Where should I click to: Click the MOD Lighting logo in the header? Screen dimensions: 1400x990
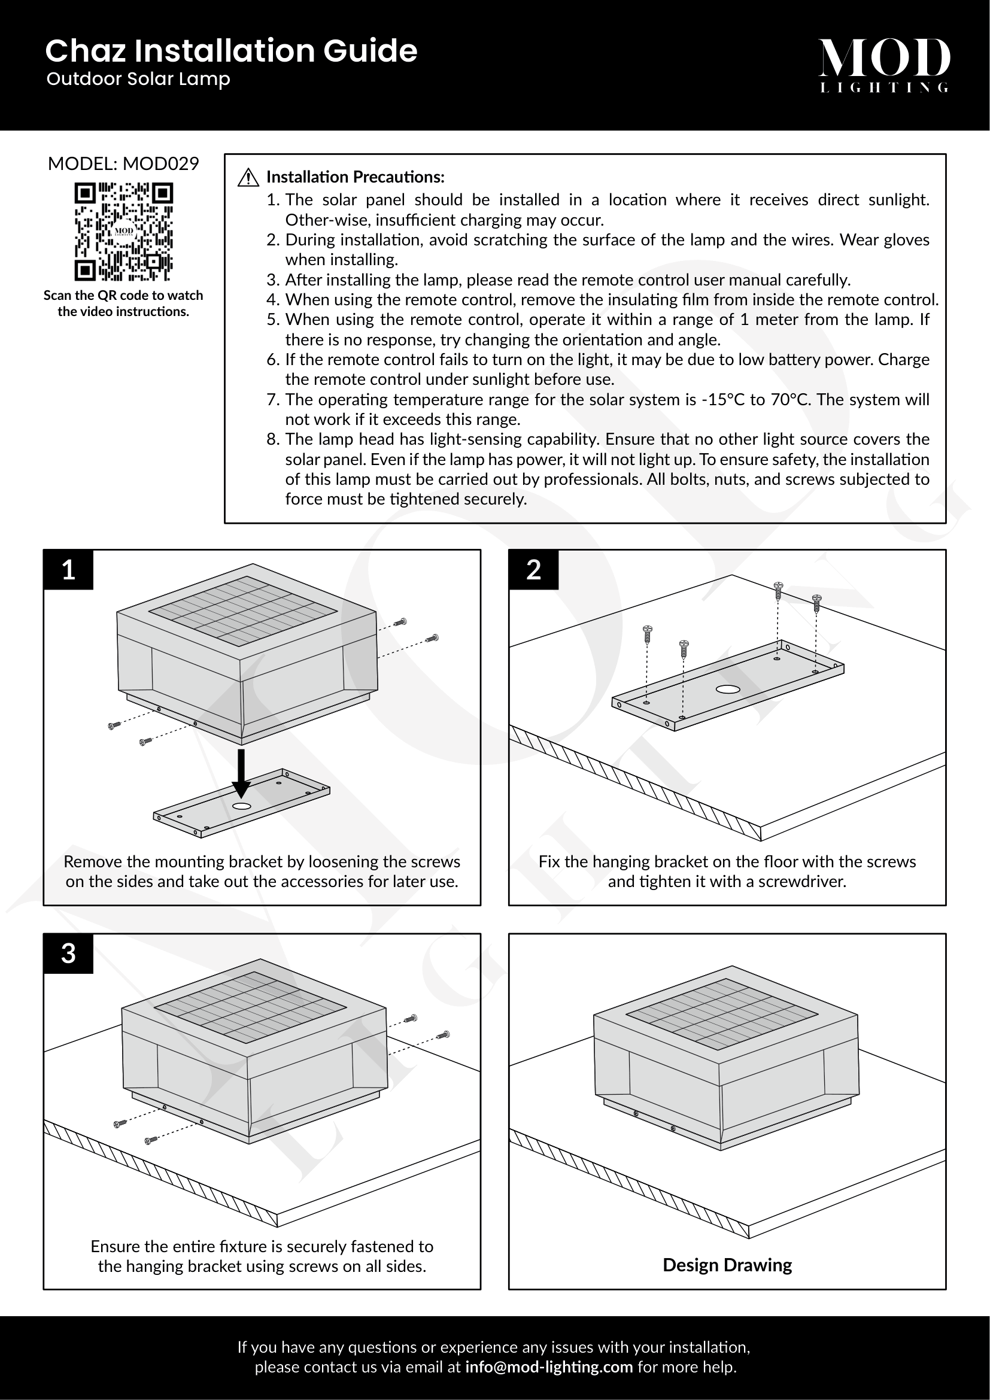click(x=883, y=65)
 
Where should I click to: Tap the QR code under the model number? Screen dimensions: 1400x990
click(x=124, y=232)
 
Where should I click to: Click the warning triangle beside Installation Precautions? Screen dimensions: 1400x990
click(x=248, y=177)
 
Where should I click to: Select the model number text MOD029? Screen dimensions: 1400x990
click(x=160, y=163)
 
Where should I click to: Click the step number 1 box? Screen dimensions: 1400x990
click(x=68, y=569)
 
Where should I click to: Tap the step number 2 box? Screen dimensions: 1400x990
click(x=533, y=569)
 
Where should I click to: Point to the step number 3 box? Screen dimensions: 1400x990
click(x=68, y=953)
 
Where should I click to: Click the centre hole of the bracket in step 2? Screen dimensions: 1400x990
click(x=728, y=690)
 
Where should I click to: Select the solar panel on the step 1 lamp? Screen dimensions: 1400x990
click(x=243, y=611)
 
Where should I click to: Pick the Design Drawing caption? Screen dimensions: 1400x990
click(x=727, y=1265)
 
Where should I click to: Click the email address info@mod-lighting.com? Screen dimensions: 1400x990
click(x=549, y=1367)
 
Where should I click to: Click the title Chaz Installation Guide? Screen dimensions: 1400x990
click(x=231, y=51)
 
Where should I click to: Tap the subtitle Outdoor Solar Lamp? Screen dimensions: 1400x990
click(x=138, y=79)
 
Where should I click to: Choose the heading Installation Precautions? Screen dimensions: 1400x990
click(x=356, y=177)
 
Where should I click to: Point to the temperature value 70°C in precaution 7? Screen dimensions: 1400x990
click(x=791, y=400)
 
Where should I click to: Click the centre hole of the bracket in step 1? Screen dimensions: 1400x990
click(x=241, y=806)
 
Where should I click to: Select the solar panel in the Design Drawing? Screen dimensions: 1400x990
click(x=722, y=1013)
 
